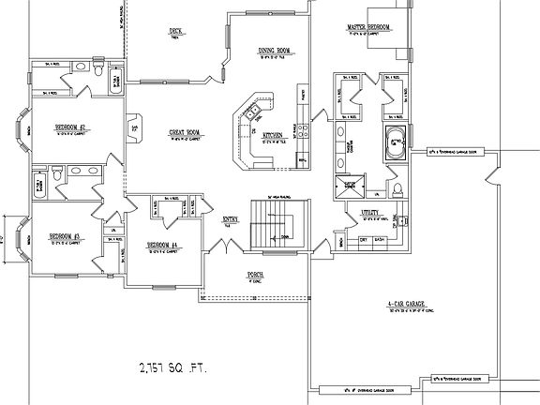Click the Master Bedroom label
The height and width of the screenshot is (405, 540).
point(368,27)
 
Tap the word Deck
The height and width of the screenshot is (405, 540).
point(174,30)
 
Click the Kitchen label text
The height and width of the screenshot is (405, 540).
point(273,135)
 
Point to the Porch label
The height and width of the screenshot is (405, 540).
point(253,274)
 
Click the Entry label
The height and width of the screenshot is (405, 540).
point(230,219)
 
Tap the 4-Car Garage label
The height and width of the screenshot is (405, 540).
point(405,305)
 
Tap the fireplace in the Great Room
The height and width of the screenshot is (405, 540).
point(135,127)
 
